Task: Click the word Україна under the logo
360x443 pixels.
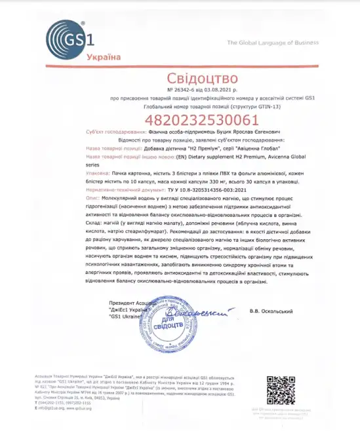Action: [x=104, y=56]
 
